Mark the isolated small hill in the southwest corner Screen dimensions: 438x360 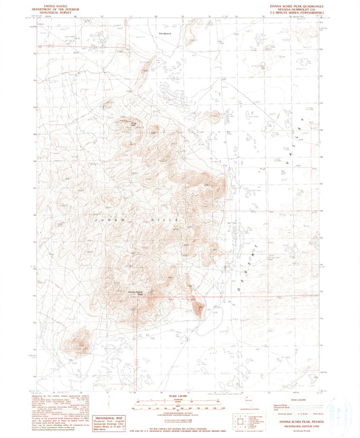[80, 342]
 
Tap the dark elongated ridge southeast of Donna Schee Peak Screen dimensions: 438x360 [197, 308]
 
